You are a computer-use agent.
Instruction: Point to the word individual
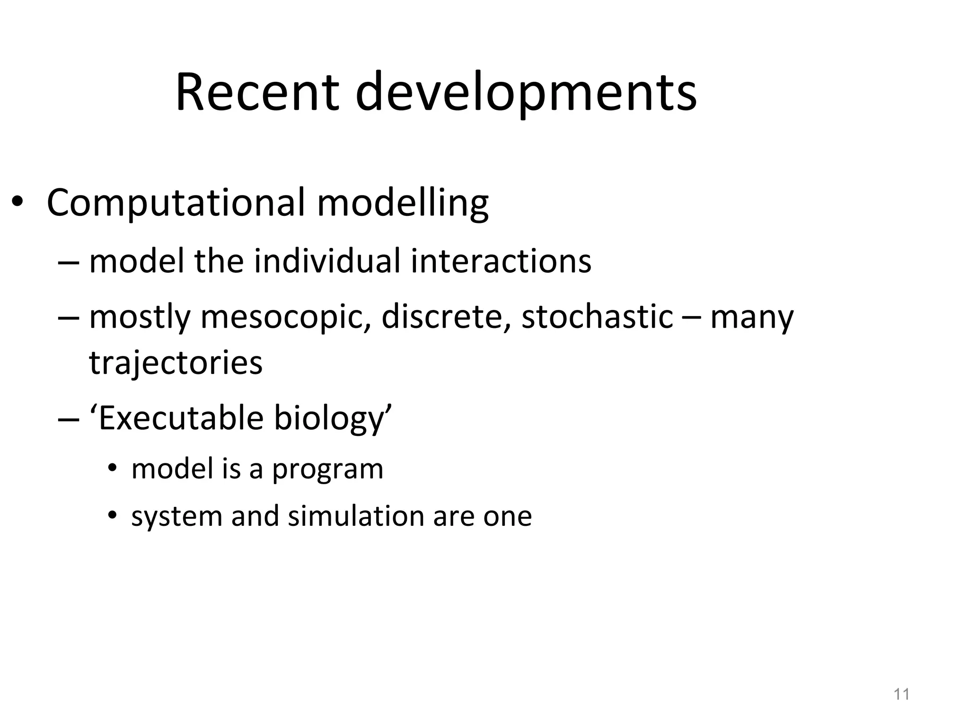coord(327,261)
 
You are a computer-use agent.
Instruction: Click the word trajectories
coord(176,363)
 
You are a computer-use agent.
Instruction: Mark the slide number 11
coord(901,694)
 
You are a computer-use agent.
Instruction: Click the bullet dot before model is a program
coord(112,469)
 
